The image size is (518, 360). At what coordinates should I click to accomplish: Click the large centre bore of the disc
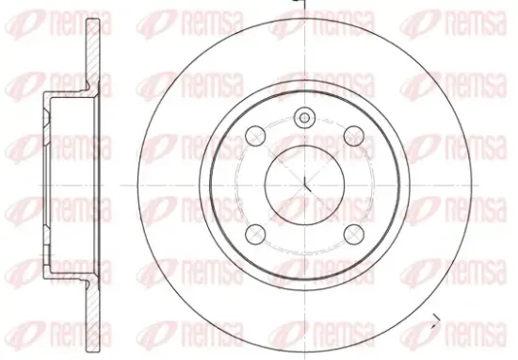[304, 185]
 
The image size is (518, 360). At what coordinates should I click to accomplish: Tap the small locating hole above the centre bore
[304, 118]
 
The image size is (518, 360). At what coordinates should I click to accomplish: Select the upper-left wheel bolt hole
[255, 136]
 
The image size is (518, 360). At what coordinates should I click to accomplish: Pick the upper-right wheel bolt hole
[354, 136]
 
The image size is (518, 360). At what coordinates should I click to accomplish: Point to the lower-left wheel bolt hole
[255, 234]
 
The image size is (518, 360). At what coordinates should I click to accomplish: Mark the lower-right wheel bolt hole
[354, 234]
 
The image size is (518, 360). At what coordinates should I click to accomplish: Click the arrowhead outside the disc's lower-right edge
[436, 321]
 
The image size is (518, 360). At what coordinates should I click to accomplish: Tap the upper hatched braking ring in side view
[93, 54]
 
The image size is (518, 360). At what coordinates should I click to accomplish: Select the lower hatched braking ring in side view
[93, 315]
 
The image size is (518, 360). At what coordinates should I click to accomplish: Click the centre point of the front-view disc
[304, 185]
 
